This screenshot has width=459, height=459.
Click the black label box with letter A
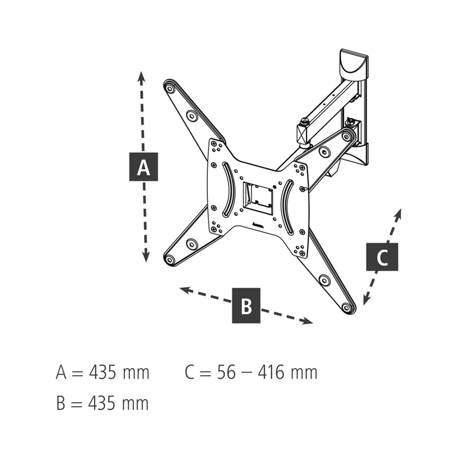144,167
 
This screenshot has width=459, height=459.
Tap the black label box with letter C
382,257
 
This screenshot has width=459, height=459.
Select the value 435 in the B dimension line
103,403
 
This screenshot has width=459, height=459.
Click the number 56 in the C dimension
226,373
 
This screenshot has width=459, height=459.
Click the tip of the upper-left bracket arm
168,86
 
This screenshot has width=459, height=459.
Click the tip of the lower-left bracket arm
169,260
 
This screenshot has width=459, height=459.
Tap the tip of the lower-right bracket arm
349,308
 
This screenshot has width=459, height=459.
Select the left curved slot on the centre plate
225,189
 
